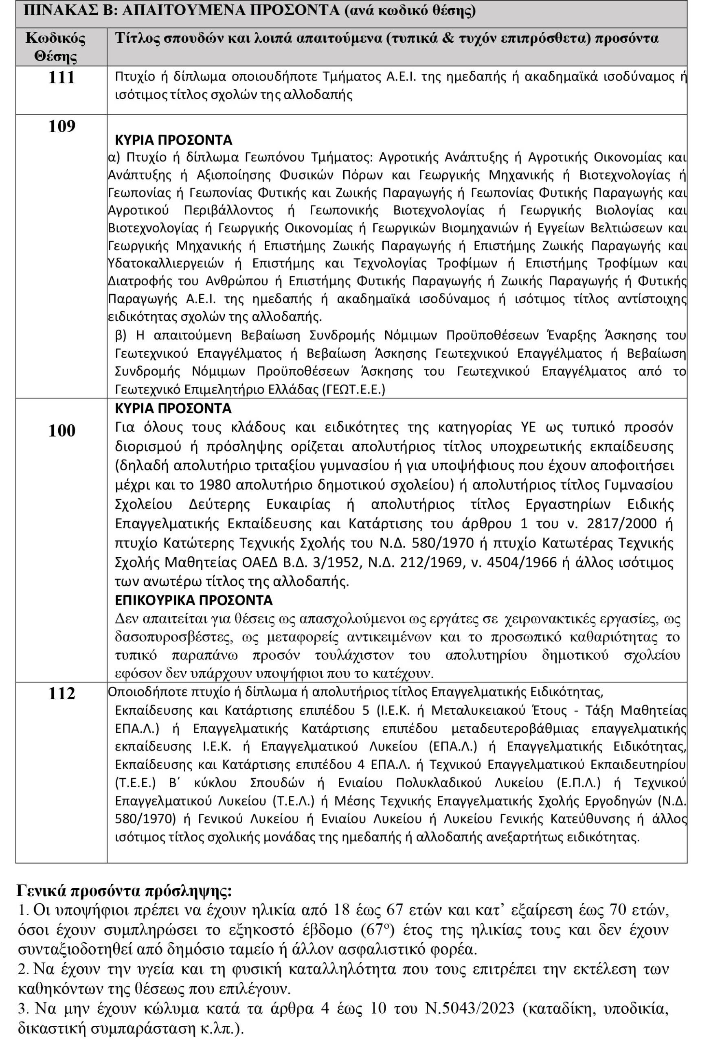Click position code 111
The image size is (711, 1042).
tap(61, 78)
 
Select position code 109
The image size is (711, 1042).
tap(61, 127)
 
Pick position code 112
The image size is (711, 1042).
tap(61, 694)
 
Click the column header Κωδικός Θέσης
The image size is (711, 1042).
tap(56, 47)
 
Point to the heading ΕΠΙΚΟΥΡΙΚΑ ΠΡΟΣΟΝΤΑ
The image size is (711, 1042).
tap(194, 600)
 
